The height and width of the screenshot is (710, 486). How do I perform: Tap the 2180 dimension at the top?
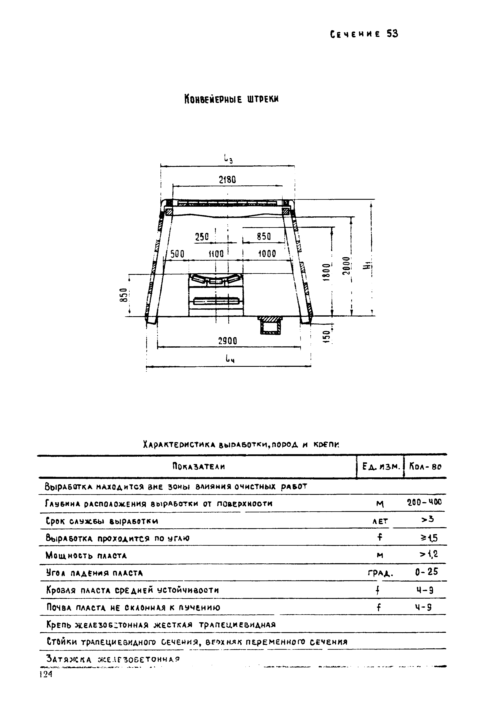click(x=227, y=180)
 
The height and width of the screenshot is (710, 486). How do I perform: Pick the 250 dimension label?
click(x=202, y=237)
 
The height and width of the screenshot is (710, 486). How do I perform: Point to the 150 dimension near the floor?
click(x=326, y=337)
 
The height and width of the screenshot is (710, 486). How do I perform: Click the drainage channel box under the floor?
click(x=270, y=326)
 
